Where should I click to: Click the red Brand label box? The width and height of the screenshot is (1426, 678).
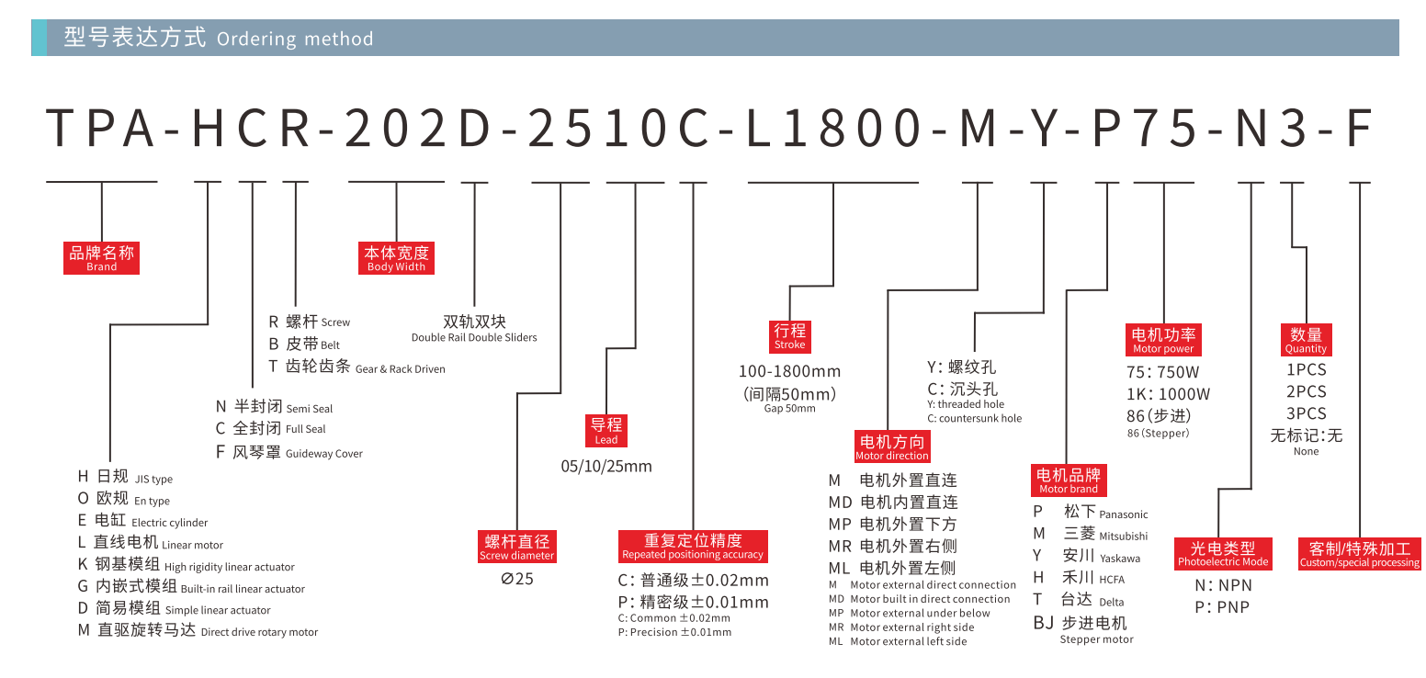pos(101,258)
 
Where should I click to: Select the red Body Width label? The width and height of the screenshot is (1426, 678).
pos(396,258)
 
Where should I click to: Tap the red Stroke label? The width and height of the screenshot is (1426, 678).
pos(789,335)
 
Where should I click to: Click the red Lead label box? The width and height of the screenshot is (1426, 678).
pos(606,430)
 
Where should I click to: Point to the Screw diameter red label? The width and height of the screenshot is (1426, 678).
pos(517,547)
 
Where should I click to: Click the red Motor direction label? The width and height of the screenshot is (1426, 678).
pos(891,446)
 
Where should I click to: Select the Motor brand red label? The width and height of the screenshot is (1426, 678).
pos(1068,480)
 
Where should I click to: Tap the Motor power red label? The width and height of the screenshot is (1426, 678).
pos(1163,339)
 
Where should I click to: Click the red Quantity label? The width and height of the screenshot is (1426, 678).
pos(1306,339)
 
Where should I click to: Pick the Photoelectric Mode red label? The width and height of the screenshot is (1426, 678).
pos(1223,554)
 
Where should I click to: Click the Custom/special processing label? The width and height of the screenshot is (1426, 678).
pos(1359,554)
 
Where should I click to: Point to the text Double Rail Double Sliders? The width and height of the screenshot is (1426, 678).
pos(474,337)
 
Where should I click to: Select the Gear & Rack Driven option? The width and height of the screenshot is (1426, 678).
pos(356,367)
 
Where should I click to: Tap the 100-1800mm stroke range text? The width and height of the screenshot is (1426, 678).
pos(789,372)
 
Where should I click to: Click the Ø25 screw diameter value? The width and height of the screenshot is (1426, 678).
pos(517,579)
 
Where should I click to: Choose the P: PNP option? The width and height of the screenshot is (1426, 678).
pos(1222,607)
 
